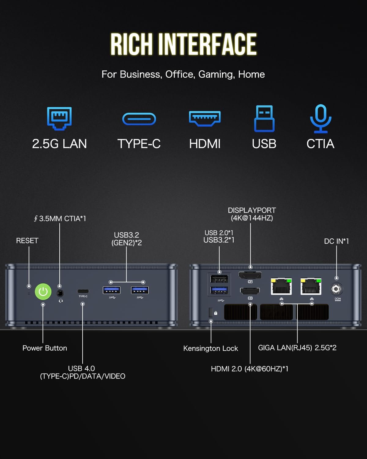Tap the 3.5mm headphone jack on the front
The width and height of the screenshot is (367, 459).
click(60, 293)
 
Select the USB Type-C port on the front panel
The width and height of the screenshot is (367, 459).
click(83, 291)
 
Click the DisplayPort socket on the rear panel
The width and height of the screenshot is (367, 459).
click(250, 276)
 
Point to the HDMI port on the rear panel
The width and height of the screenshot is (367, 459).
click(250, 291)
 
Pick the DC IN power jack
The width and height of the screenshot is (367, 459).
click(336, 289)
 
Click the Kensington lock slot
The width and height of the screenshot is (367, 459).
click(210, 312)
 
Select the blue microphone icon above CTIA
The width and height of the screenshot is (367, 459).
click(321, 118)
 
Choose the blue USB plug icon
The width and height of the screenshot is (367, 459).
click(264, 118)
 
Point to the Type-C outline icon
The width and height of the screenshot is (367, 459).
click(139, 119)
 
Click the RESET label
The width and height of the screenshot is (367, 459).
click(27, 241)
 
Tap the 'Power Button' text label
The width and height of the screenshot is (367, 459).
click(45, 348)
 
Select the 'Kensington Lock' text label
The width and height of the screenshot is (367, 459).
click(210, 349)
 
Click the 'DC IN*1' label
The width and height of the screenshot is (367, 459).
click(336, 241)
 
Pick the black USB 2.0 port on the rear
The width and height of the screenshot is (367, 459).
click(219, 279)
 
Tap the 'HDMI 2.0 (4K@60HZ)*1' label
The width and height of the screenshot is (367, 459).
click(250, 369)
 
